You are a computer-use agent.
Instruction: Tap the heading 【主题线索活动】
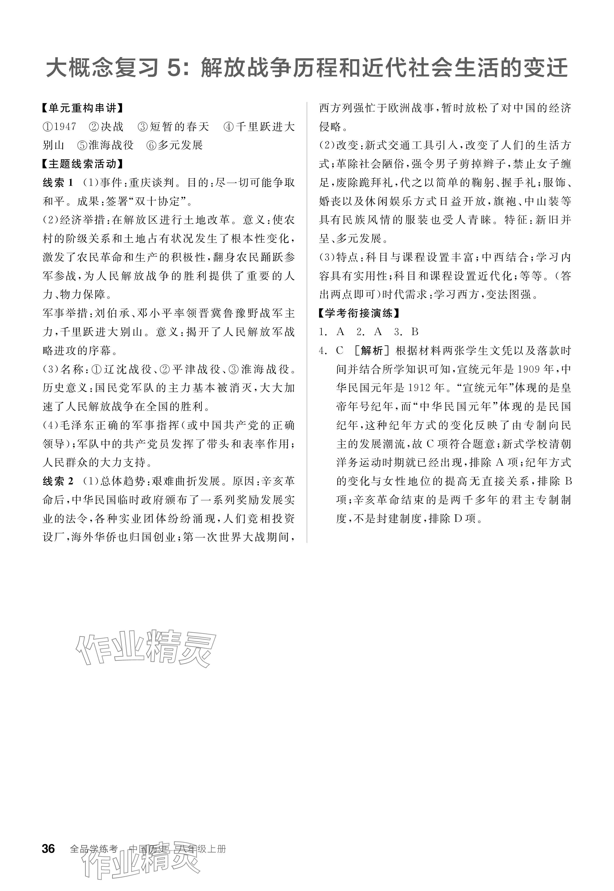point(82,164)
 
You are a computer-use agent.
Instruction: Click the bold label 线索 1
point(58,183)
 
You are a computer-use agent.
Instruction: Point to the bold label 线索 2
point(58,481)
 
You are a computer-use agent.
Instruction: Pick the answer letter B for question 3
point(415,332)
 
